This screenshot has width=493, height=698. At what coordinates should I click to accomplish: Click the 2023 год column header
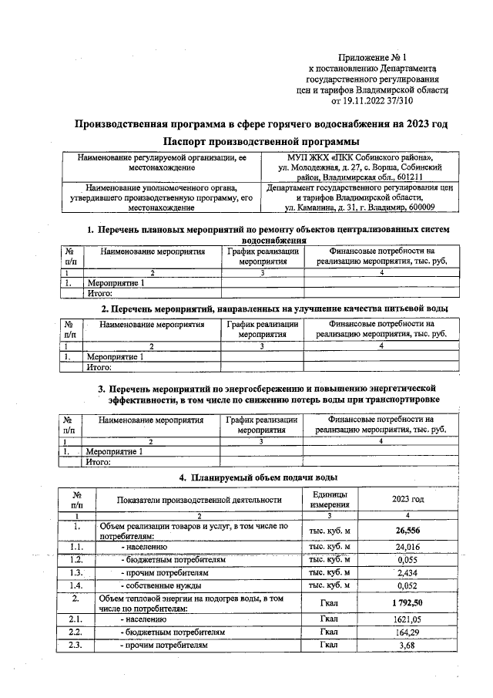point(407,499)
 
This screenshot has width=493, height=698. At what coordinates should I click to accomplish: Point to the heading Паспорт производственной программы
point(261,142)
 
